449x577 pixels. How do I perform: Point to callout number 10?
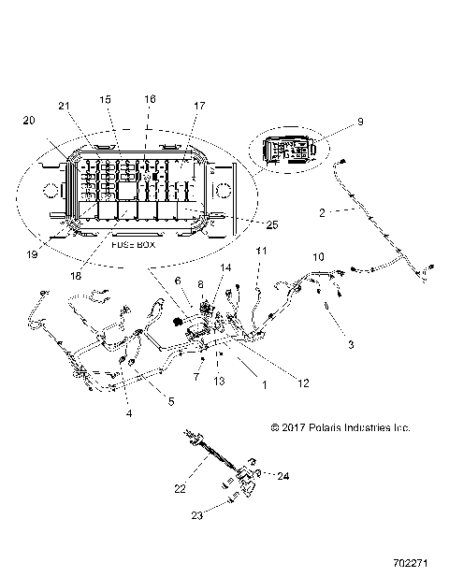[318, 256]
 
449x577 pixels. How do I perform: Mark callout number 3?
[351, 345]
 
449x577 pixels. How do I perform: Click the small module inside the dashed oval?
[289, 151]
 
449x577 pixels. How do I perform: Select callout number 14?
[224, 268]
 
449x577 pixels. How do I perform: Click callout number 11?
[262, 251]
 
